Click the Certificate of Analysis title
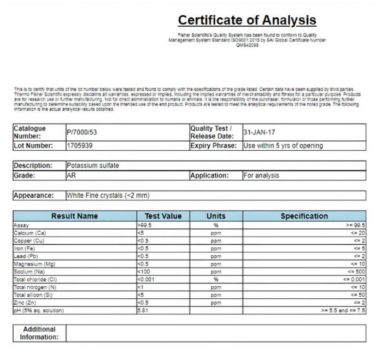[247, 21]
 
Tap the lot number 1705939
[80, 146]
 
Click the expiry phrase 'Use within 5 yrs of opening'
[283, 146]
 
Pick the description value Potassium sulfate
[93, 166]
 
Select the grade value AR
[71, 176]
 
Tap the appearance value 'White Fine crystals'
[108, 196]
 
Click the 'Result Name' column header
[74, 216]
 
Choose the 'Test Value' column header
[163, 216]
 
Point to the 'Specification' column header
[304, 216]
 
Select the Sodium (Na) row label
[28, 272]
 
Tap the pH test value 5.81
[144, 311]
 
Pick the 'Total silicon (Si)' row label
[33, 295]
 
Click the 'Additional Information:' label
[39, 333]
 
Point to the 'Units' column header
[216, 216]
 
